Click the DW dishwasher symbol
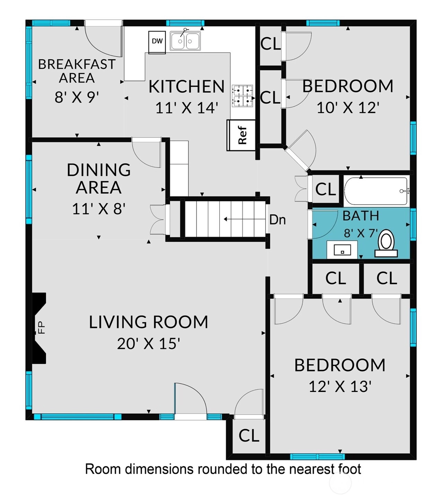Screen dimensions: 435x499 pos(157,42)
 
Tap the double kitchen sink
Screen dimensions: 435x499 pos(185,41)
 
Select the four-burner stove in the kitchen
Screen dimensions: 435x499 pos(242,96)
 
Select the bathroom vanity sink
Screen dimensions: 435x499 pos(342,249)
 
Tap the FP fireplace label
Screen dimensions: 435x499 pos(42,327)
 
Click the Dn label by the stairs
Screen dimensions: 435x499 pos(277,220)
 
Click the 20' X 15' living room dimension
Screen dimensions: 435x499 pos(149,344)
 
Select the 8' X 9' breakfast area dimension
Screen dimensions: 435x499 pos(77,98)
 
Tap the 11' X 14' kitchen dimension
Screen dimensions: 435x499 pos(187,108)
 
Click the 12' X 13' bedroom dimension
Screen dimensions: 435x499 pos(340,387)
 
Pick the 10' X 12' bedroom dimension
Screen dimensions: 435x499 pos(348,107)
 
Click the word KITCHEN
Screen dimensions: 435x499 pos(186,87)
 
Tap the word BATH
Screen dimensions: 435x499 pos(361,216)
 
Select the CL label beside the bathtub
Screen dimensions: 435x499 pos(325,189)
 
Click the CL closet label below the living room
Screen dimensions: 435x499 pos(249,435)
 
